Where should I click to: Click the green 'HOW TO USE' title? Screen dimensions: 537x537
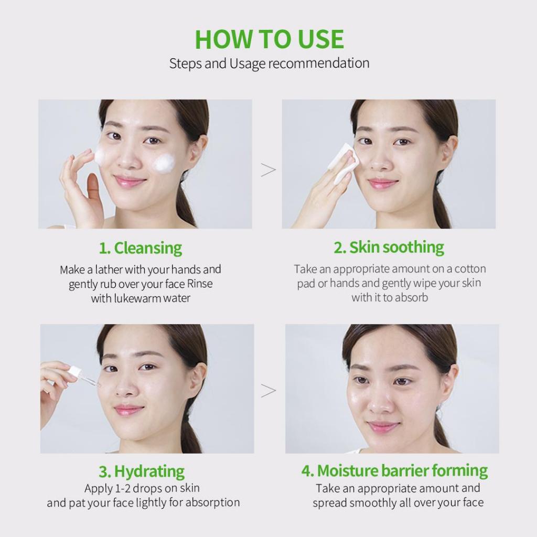[269, 39]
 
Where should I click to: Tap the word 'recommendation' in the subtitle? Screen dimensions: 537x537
[318, 63]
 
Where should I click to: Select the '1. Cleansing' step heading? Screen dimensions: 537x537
[141, 248]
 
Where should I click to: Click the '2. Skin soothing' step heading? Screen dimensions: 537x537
[389, 248]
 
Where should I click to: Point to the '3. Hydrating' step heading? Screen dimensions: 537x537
[142, 471]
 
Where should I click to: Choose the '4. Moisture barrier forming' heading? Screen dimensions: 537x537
[394, 470]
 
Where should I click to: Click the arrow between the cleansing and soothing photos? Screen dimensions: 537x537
[268, 170]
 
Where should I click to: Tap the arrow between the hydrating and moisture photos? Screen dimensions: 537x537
[268, 391]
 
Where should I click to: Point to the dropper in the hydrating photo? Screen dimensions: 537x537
[83, 376]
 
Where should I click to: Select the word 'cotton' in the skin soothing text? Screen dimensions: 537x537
[470, 269]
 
